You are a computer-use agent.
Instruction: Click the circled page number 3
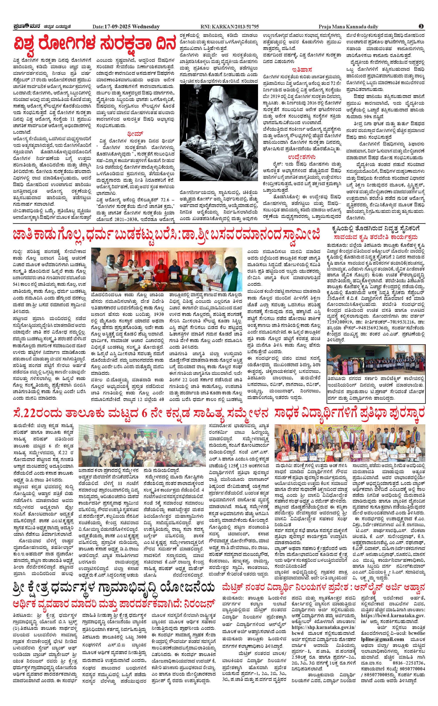pyautogui.click(x=421, y=26)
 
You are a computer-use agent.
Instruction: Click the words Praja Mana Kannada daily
pyautogui.click(x=348, y=27)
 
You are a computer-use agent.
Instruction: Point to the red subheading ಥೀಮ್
pyautogui.click(x=135, y=134)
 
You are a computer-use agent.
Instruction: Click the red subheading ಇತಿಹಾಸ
pyautogui.click(x=302, y=70)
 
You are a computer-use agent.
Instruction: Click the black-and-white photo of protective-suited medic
pyautogui.click(x=219, y=132)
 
